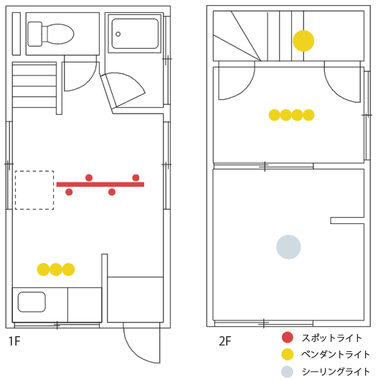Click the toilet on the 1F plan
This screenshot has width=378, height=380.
[51, 34]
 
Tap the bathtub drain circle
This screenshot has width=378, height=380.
[118, 34]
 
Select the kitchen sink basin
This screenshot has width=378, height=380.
[32, 302]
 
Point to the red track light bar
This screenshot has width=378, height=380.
[100, 185]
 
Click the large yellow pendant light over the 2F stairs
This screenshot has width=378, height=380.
[303, 41]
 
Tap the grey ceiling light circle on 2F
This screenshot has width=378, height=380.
[288, 247]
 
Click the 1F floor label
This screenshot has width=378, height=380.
[14, 341]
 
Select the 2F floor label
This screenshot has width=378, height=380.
[225, 341]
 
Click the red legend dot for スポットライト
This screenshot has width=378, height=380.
[288, 337]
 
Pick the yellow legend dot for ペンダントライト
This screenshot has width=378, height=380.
[288, 354]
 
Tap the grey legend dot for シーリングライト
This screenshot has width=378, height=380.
[287, 371]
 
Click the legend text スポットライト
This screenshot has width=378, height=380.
[332, 338]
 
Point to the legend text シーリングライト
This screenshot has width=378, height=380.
[336, 371]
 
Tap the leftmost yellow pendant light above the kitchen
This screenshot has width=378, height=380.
[43, 269]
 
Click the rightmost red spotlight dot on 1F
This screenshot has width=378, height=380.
[136, 177]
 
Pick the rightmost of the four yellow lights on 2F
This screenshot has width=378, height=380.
[308, 115]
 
